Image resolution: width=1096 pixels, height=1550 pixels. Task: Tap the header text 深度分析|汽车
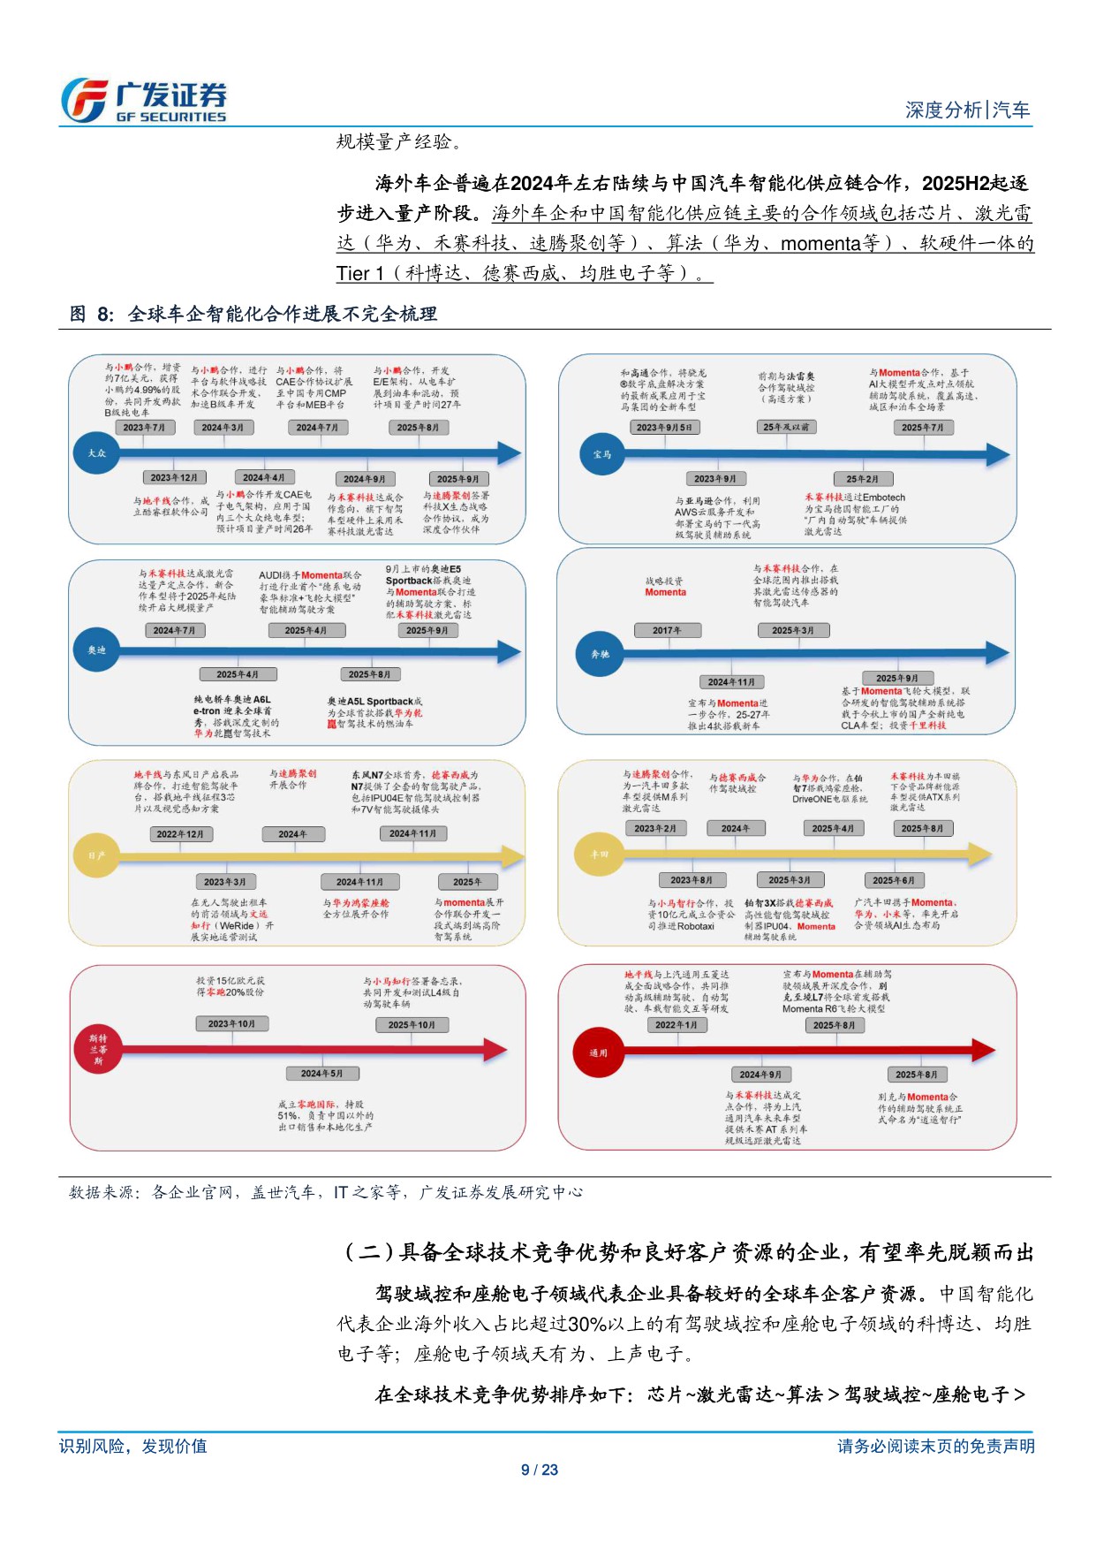(x=967, y=110)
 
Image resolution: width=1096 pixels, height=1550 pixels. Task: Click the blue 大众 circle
(x=96, y=453)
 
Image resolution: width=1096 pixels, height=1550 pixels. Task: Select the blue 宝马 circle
(x=601, y=454)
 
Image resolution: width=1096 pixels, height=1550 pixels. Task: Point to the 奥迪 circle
(x=96, y=650)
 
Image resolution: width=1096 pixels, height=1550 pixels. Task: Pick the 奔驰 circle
(x=600, y=654)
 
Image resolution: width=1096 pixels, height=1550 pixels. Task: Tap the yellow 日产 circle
(x=96, y=855)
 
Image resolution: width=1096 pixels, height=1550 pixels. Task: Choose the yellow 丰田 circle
(x=600, y=855)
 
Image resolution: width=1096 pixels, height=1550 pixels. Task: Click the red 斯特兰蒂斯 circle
(x=97, y=1050)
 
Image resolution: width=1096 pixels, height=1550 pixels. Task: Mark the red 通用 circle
(x=598, y=1052)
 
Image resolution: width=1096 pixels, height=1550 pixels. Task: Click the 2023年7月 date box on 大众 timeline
(x=144, y=428)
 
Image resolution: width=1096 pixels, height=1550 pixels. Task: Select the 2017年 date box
(x=668, y=630)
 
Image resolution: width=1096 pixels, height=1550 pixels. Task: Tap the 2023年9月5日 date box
(x=665, y=428)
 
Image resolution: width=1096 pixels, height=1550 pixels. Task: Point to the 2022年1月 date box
(x=676, y=1025)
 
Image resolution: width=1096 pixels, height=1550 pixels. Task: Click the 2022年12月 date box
(x=180, y=834)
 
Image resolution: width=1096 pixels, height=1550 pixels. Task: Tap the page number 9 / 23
(x=540, y=1470)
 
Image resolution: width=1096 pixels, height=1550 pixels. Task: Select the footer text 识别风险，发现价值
(x=133, y=1446)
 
